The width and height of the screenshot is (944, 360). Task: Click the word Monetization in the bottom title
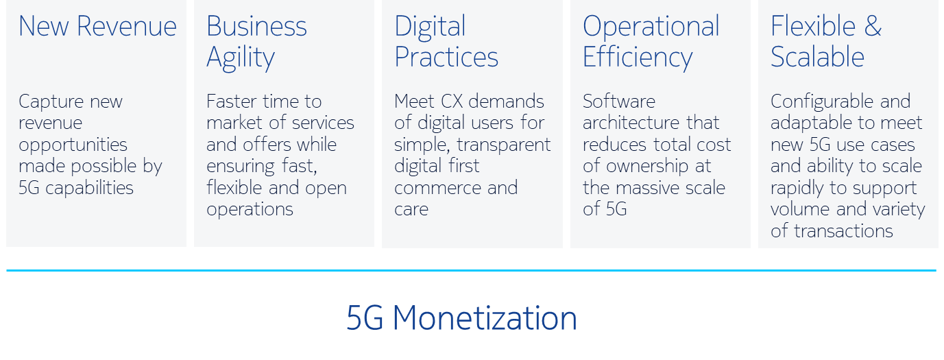click(485, 318)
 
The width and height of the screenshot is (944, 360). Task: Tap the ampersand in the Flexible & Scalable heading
click(873, 26)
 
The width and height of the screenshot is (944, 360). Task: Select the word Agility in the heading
click(241, 58)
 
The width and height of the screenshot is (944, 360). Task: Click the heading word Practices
click(446, 57)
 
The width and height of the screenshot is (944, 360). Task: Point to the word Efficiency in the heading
click(638, 58)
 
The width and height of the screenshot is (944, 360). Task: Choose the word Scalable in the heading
click(818, 57)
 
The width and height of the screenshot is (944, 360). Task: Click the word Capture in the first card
click(51, 102)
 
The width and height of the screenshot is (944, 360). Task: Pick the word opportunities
click(73, 145)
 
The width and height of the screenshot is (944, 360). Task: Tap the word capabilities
click(89, 189)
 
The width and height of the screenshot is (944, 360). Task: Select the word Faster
click(231, 101)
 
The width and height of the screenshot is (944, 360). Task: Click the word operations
click(250, 211)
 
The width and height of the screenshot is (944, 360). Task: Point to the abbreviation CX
click(452, 101)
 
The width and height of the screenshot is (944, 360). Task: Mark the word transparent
click(504, 145)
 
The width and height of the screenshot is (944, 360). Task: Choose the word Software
click(619, 101)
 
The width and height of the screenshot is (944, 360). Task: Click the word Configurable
click(816, 102)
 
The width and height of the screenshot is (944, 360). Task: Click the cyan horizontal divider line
click(471, 270)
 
